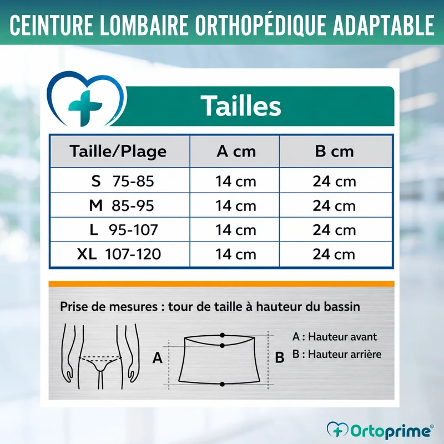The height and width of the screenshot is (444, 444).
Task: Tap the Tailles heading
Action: point(241,105)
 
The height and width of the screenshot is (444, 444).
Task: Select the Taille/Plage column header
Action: point(118,151)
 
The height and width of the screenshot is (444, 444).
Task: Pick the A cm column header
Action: point(236,151)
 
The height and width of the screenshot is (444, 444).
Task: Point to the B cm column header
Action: point(335,151)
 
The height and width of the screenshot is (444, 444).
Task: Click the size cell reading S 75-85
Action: point(123,181)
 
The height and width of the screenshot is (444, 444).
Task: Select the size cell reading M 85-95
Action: point(122,205)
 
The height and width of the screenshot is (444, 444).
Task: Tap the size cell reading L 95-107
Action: point(123,230)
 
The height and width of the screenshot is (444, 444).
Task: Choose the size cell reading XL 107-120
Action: point(119,254)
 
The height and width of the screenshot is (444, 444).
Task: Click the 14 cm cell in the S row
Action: point(236,181)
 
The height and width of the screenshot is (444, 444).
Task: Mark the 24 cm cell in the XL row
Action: point(334,254)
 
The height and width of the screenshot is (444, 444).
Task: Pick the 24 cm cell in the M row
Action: point(334,205)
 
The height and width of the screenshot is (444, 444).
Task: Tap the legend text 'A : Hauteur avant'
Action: point(335,337)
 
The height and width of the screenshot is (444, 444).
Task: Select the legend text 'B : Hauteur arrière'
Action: point(337,354)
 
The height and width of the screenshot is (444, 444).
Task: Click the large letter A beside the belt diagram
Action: point(158,357)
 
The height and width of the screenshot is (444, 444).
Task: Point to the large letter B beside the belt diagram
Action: point(280,357)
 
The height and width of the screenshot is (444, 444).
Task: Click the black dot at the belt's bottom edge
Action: point(223,384)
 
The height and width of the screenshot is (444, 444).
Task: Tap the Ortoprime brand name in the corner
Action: point(391,431)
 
